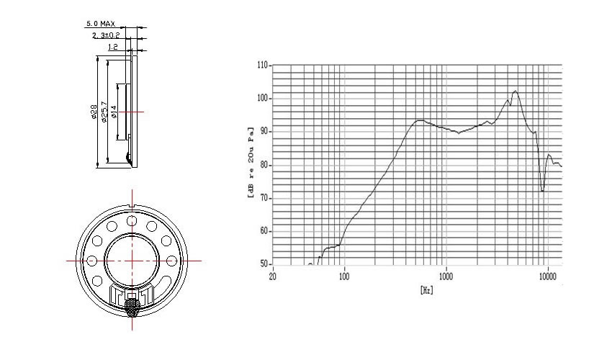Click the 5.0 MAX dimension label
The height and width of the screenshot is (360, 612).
[101, 24]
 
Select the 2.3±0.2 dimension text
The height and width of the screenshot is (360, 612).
[106, 35]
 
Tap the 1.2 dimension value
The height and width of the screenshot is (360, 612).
[113, 48]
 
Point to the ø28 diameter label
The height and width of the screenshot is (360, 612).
[94, 112]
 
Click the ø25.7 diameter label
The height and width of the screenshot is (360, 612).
[104, 112]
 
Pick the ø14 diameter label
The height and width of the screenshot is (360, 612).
[114, 112]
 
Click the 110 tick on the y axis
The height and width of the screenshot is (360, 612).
[264, 66]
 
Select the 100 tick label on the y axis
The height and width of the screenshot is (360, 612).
[264, 98]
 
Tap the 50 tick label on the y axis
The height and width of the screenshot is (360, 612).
[265, 264]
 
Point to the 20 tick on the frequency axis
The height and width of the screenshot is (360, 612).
[272, 276]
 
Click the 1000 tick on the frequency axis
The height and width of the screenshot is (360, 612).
[446, 276]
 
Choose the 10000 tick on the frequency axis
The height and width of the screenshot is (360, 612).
[548, 276]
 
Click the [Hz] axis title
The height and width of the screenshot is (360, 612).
[427, 290]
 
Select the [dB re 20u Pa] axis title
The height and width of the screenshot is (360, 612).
[250, 163]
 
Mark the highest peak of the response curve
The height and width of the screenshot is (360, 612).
[516, 91]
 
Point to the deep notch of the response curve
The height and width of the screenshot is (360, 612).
[543, 190]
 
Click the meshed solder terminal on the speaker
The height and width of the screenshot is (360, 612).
[132, 307]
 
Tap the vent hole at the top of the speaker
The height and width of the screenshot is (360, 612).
[132, 221]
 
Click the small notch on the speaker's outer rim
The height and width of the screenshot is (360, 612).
[132, 206]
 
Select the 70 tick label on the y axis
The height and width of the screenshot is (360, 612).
[265, 198]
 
